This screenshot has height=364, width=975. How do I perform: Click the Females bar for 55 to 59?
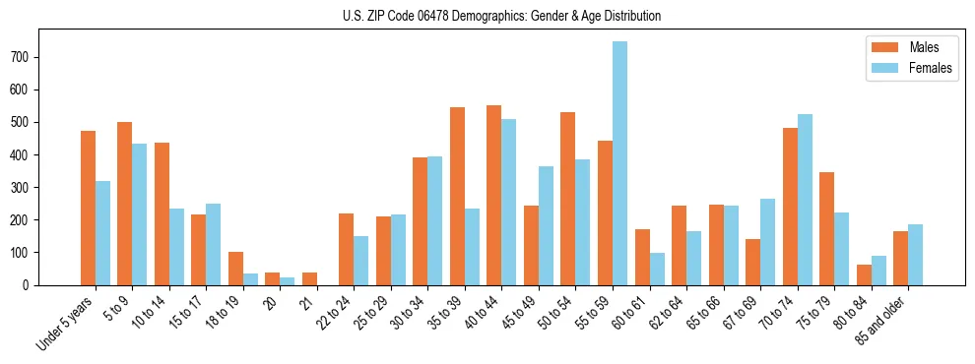(619, 163)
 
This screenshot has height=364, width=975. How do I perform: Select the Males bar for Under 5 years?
(88, 208)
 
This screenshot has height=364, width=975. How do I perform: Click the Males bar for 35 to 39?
(457, 196)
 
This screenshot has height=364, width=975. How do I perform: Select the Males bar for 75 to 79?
(826, 228)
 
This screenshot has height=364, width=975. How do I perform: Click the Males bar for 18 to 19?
(235, 269)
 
